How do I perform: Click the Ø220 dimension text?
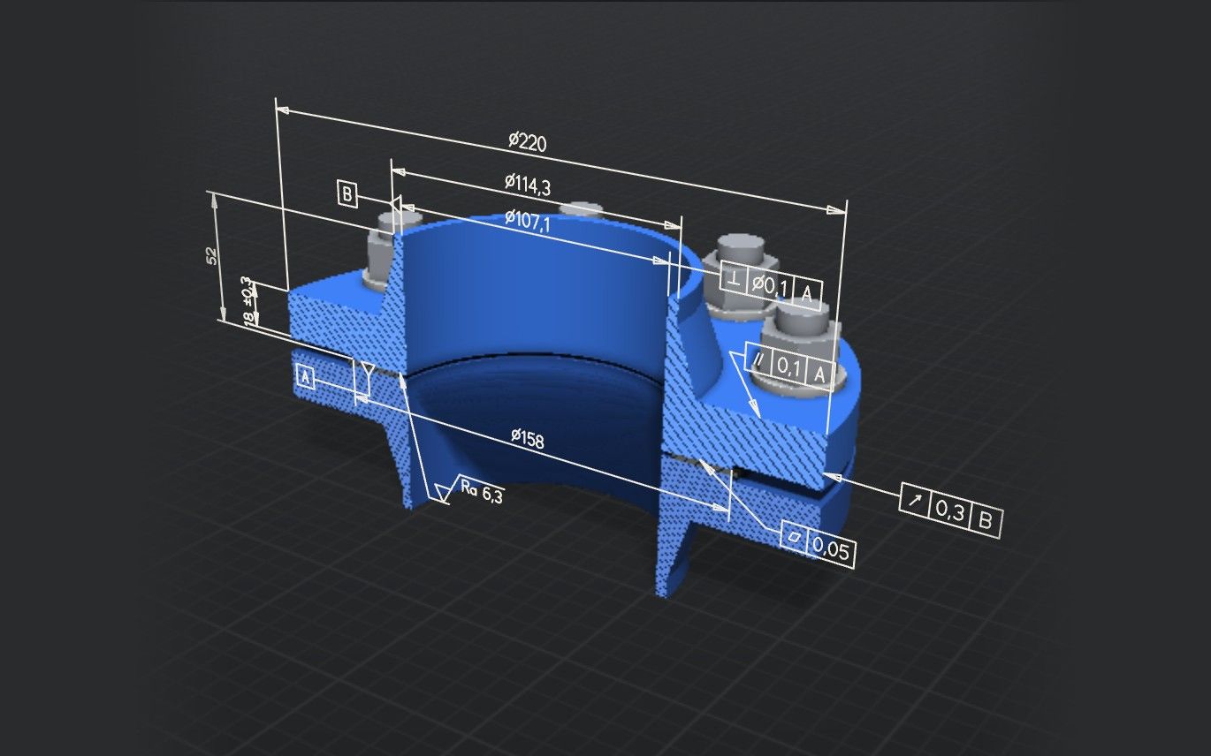coord(528,141)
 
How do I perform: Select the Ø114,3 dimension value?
coord(528,184)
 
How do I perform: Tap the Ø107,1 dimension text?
coord(528,220)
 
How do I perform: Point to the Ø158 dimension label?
coord(528,438)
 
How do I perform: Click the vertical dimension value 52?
coord(212,256)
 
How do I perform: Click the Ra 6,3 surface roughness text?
coord(482,492)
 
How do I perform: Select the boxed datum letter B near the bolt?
coord(347,193)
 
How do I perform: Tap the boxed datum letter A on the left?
coord(306,377)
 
